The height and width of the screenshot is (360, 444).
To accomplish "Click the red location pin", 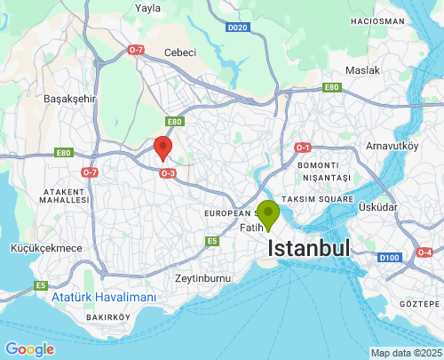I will (163, 148).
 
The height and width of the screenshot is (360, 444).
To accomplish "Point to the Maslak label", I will (362, 69).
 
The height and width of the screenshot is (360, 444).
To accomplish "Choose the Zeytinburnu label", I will (202, 278).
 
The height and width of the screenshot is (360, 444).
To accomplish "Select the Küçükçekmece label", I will (47, 248).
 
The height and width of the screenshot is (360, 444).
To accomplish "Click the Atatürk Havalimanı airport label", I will (103, 297).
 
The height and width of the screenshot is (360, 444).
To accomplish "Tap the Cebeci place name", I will (179, 52).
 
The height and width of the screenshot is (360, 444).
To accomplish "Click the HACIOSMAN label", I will (377, 20).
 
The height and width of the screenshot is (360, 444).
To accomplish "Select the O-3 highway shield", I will (168, 173).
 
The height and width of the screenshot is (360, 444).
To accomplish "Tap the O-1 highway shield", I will (303, 147).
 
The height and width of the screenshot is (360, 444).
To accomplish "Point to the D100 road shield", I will (388, 257).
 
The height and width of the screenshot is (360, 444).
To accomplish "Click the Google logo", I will (29, 349).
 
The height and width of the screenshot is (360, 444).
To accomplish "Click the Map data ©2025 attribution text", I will (405, 353).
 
